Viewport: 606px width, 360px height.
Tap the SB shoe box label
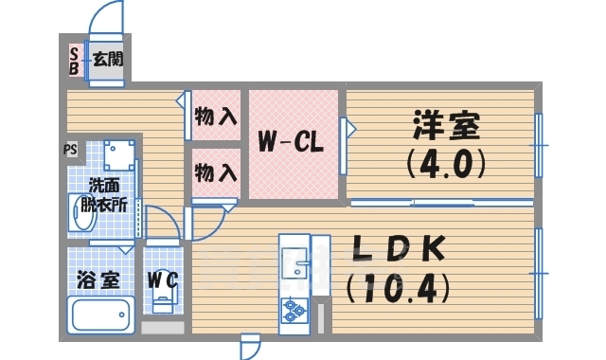click(x=74, y=61)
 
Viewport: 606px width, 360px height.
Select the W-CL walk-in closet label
click(x=293, y=144)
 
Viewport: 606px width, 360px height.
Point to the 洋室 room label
click(x=446, y=126)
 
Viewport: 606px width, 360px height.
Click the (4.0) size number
click(x=446, y=165)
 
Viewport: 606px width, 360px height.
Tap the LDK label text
click(x=399, y=248)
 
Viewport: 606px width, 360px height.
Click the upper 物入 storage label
click(x=216, y=117)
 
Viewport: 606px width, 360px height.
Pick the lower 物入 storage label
click(x=216, y=173)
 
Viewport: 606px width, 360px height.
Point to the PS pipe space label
click(x=71, y=149)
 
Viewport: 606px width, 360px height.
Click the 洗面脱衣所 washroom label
click(x=104, y=194)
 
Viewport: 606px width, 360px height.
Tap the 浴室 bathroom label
click(x=98, y=280)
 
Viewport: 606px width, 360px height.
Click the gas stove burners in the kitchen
click(x=293, y=308)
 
